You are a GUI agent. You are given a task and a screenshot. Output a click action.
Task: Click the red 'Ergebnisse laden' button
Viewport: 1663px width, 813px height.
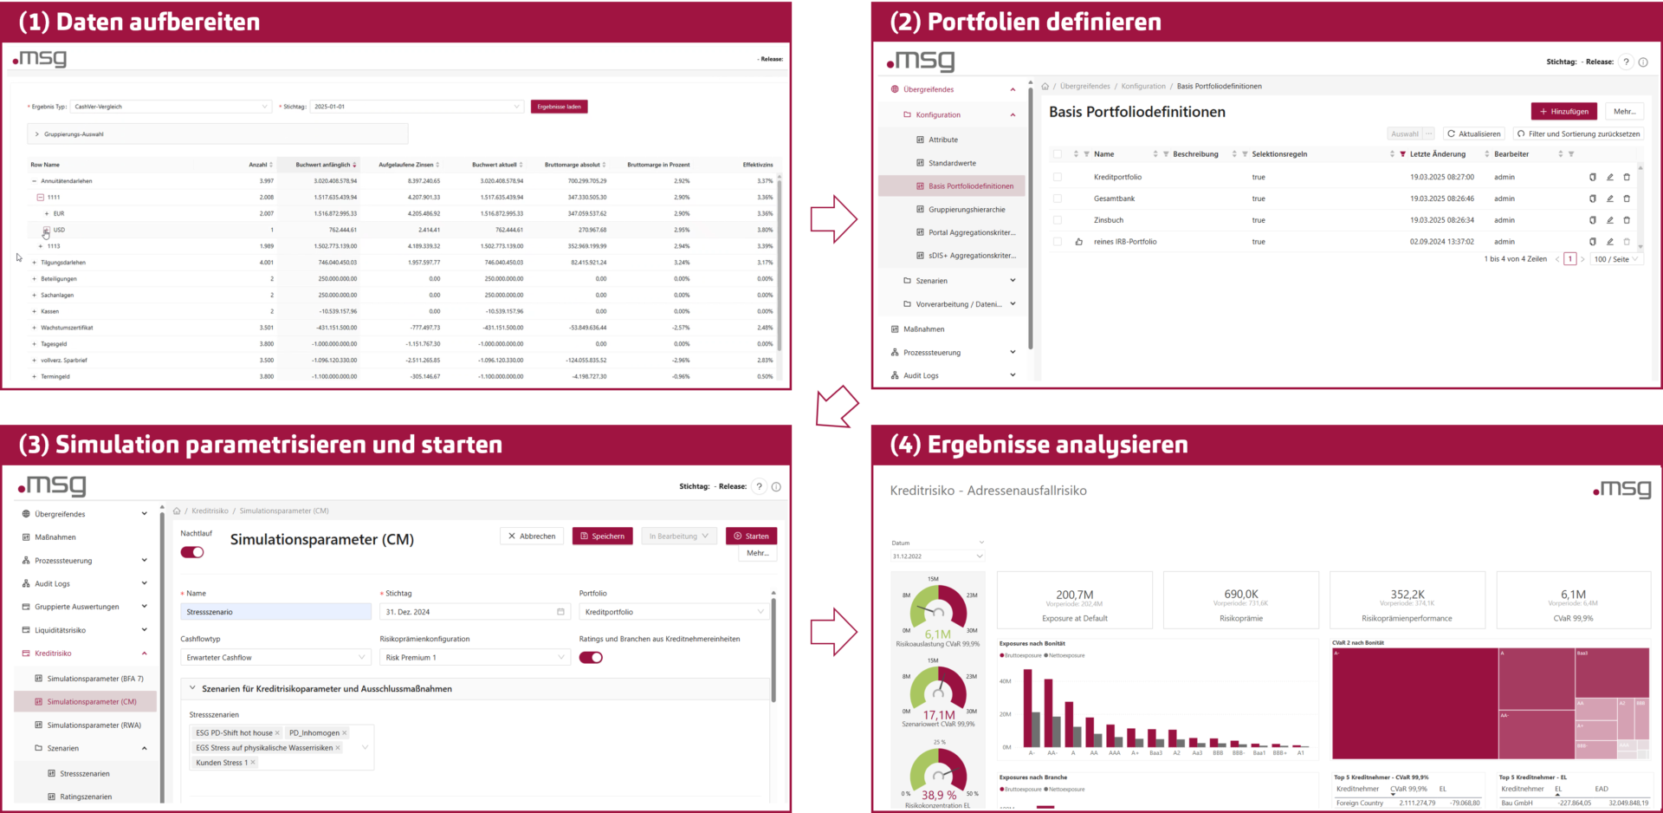coord(559,107)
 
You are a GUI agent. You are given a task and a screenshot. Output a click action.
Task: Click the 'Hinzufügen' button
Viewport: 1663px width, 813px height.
coord(1563,112)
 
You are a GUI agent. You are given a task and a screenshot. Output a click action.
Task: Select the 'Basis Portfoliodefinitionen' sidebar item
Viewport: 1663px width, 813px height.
coord(970,186)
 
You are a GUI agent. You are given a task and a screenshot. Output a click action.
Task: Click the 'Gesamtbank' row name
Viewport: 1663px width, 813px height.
coord(1114,198)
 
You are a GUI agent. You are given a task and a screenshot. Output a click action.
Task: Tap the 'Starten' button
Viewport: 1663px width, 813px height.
coord(751,536)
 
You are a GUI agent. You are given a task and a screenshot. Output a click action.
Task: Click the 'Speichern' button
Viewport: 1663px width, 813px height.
coord(602,536)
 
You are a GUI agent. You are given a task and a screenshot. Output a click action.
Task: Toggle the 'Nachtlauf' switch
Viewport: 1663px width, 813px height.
coord(192,552)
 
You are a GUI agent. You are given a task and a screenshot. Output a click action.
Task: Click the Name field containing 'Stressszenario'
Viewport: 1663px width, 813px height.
coord(275,612)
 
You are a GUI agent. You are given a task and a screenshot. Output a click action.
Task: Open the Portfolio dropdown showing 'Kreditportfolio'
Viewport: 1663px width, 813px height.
coord(673,612)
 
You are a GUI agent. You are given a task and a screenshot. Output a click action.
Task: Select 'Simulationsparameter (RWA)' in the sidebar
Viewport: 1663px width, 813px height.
coord(94,725)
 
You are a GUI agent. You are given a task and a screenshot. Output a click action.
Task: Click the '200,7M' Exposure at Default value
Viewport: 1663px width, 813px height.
coord(1074,595)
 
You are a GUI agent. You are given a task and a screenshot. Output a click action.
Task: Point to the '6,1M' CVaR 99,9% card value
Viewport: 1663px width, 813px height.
coord(1573,595)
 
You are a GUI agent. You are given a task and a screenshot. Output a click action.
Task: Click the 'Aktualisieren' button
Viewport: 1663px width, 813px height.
coord(1473,134)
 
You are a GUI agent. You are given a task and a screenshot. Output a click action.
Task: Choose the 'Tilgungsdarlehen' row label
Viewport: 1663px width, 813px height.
coord(63,263)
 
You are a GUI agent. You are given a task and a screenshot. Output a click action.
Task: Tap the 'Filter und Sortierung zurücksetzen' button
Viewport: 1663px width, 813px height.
coord(1578,134)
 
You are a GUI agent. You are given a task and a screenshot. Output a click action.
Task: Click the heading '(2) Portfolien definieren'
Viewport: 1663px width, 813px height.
coord(1026,22)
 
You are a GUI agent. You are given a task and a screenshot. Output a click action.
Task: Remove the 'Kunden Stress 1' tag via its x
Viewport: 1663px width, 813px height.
coord(253,763)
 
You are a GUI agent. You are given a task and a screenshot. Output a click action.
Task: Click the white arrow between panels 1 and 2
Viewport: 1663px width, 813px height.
coord(833,218)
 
